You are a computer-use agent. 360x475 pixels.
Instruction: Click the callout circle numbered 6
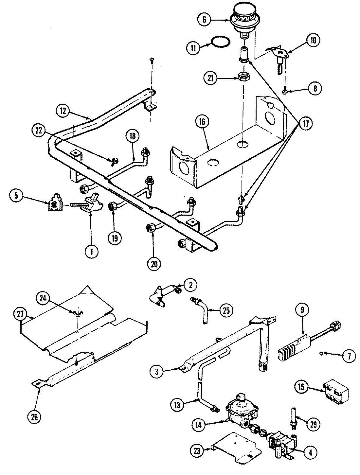204,19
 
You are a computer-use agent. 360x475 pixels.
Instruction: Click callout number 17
305,124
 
